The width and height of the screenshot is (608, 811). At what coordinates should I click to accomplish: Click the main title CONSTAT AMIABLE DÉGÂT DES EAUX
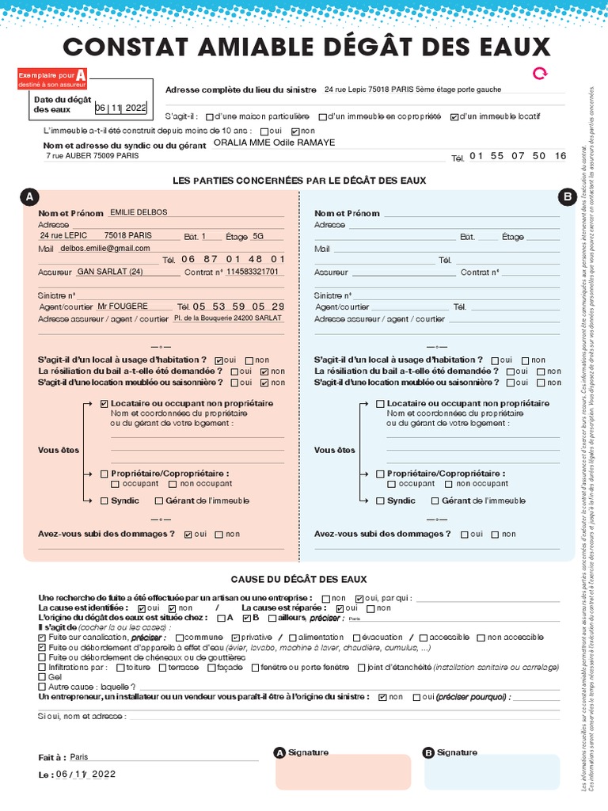[x=306, y=46]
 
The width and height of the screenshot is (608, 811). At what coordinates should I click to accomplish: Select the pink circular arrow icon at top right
[x=540, y=74]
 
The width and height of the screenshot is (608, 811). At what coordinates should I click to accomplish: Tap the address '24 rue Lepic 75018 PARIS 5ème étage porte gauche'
[x=412, y=90]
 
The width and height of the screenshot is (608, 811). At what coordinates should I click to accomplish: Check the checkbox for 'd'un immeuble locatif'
[x=454, y=117]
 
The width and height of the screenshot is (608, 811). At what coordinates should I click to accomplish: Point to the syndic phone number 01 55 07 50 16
[x=518, y=156]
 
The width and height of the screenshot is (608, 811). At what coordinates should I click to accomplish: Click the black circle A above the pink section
[x=29, y=196]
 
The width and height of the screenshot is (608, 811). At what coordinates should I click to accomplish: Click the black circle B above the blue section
[x=567, y=196]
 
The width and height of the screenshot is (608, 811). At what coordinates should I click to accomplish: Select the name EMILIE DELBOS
[x=139, y=212]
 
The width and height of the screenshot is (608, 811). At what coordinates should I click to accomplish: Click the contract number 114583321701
[x=253, y=272]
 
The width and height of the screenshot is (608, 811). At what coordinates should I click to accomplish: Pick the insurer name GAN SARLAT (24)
[x=110, y=272]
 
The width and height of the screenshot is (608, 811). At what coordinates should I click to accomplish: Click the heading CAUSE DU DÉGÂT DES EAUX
[x=298, y=580]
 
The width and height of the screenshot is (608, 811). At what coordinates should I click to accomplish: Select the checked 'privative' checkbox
[x=235, y=638]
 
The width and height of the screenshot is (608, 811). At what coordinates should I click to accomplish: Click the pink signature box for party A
[x=343, y=773]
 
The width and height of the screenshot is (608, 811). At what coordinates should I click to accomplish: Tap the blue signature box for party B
[x=491, y=773]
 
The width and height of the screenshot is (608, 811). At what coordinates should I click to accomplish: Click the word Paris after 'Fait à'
[x=79, y=756]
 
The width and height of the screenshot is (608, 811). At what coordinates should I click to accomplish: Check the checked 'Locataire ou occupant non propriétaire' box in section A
[x=104, y=404]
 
